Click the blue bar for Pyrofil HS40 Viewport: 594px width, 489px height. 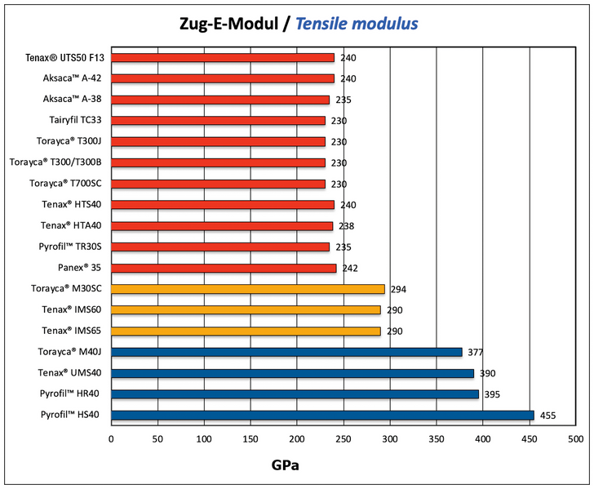tap(322, 415)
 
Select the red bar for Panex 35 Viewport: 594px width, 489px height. tap(224, 268)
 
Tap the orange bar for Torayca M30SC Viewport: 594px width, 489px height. tap(247, 289)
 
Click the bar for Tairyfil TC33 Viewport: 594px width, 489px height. tap(218, 121)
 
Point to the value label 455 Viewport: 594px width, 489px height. tap(547, 416)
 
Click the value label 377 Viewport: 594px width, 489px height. tap(475, 353)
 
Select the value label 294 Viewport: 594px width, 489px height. tap(398, 290)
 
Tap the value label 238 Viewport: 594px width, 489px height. tap(346, 226)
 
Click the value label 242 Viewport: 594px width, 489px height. tap(349, 269)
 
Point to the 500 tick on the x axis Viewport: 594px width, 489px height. tap(576, 439)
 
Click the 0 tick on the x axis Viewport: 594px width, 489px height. tap(111, 439)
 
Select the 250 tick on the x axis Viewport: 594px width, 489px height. tap(344, 439)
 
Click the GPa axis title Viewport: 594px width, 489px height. tap(289, 466)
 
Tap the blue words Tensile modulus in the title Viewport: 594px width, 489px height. tap(357, 24)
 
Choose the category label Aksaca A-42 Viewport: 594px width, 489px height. tap(72, 79)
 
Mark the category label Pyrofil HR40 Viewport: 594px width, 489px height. tap(69, 394)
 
